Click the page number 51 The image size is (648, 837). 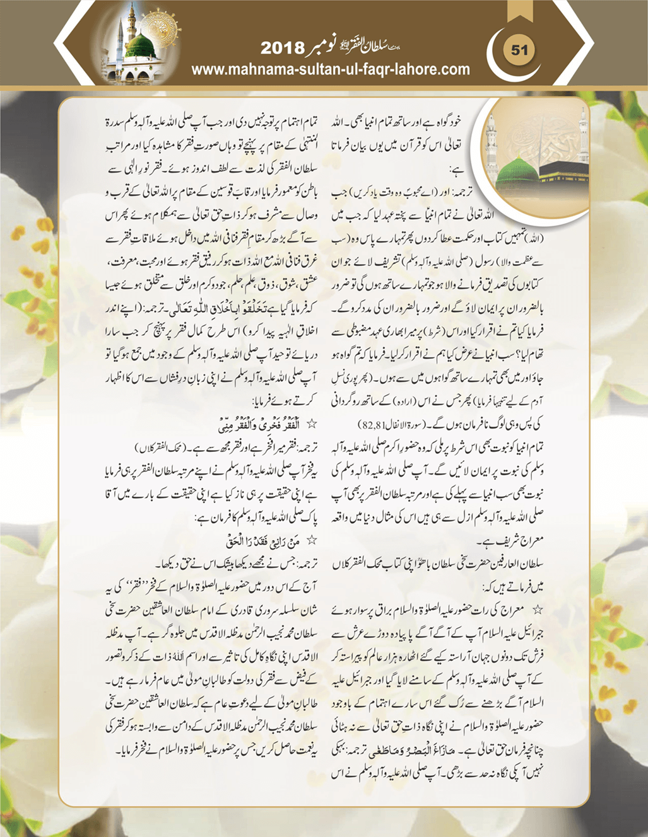(519, 50)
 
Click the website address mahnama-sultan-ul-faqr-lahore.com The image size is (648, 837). (330, 69)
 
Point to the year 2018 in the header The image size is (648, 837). (282, 48)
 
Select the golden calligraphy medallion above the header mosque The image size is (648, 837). (160, 26)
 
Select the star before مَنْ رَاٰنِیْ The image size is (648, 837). (311, 541)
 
